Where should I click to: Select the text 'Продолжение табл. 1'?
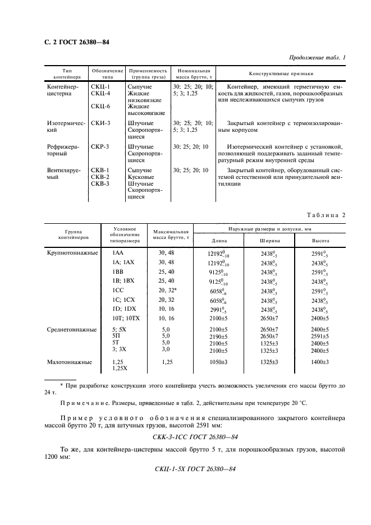pyautogui.click(x=317, y=57)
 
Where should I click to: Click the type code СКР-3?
pyautogui.click(x=100, y=147)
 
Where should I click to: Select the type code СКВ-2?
pyautogui.click(x=100, y=177)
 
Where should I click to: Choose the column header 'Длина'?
pyautogui.click(x=219, y=241)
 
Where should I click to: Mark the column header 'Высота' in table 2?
pyautogui.click(x=320, y=241)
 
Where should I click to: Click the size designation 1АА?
pyautogui.click(x=118, y=254)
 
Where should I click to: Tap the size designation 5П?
pyautogui.click(x=116, y=335)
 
